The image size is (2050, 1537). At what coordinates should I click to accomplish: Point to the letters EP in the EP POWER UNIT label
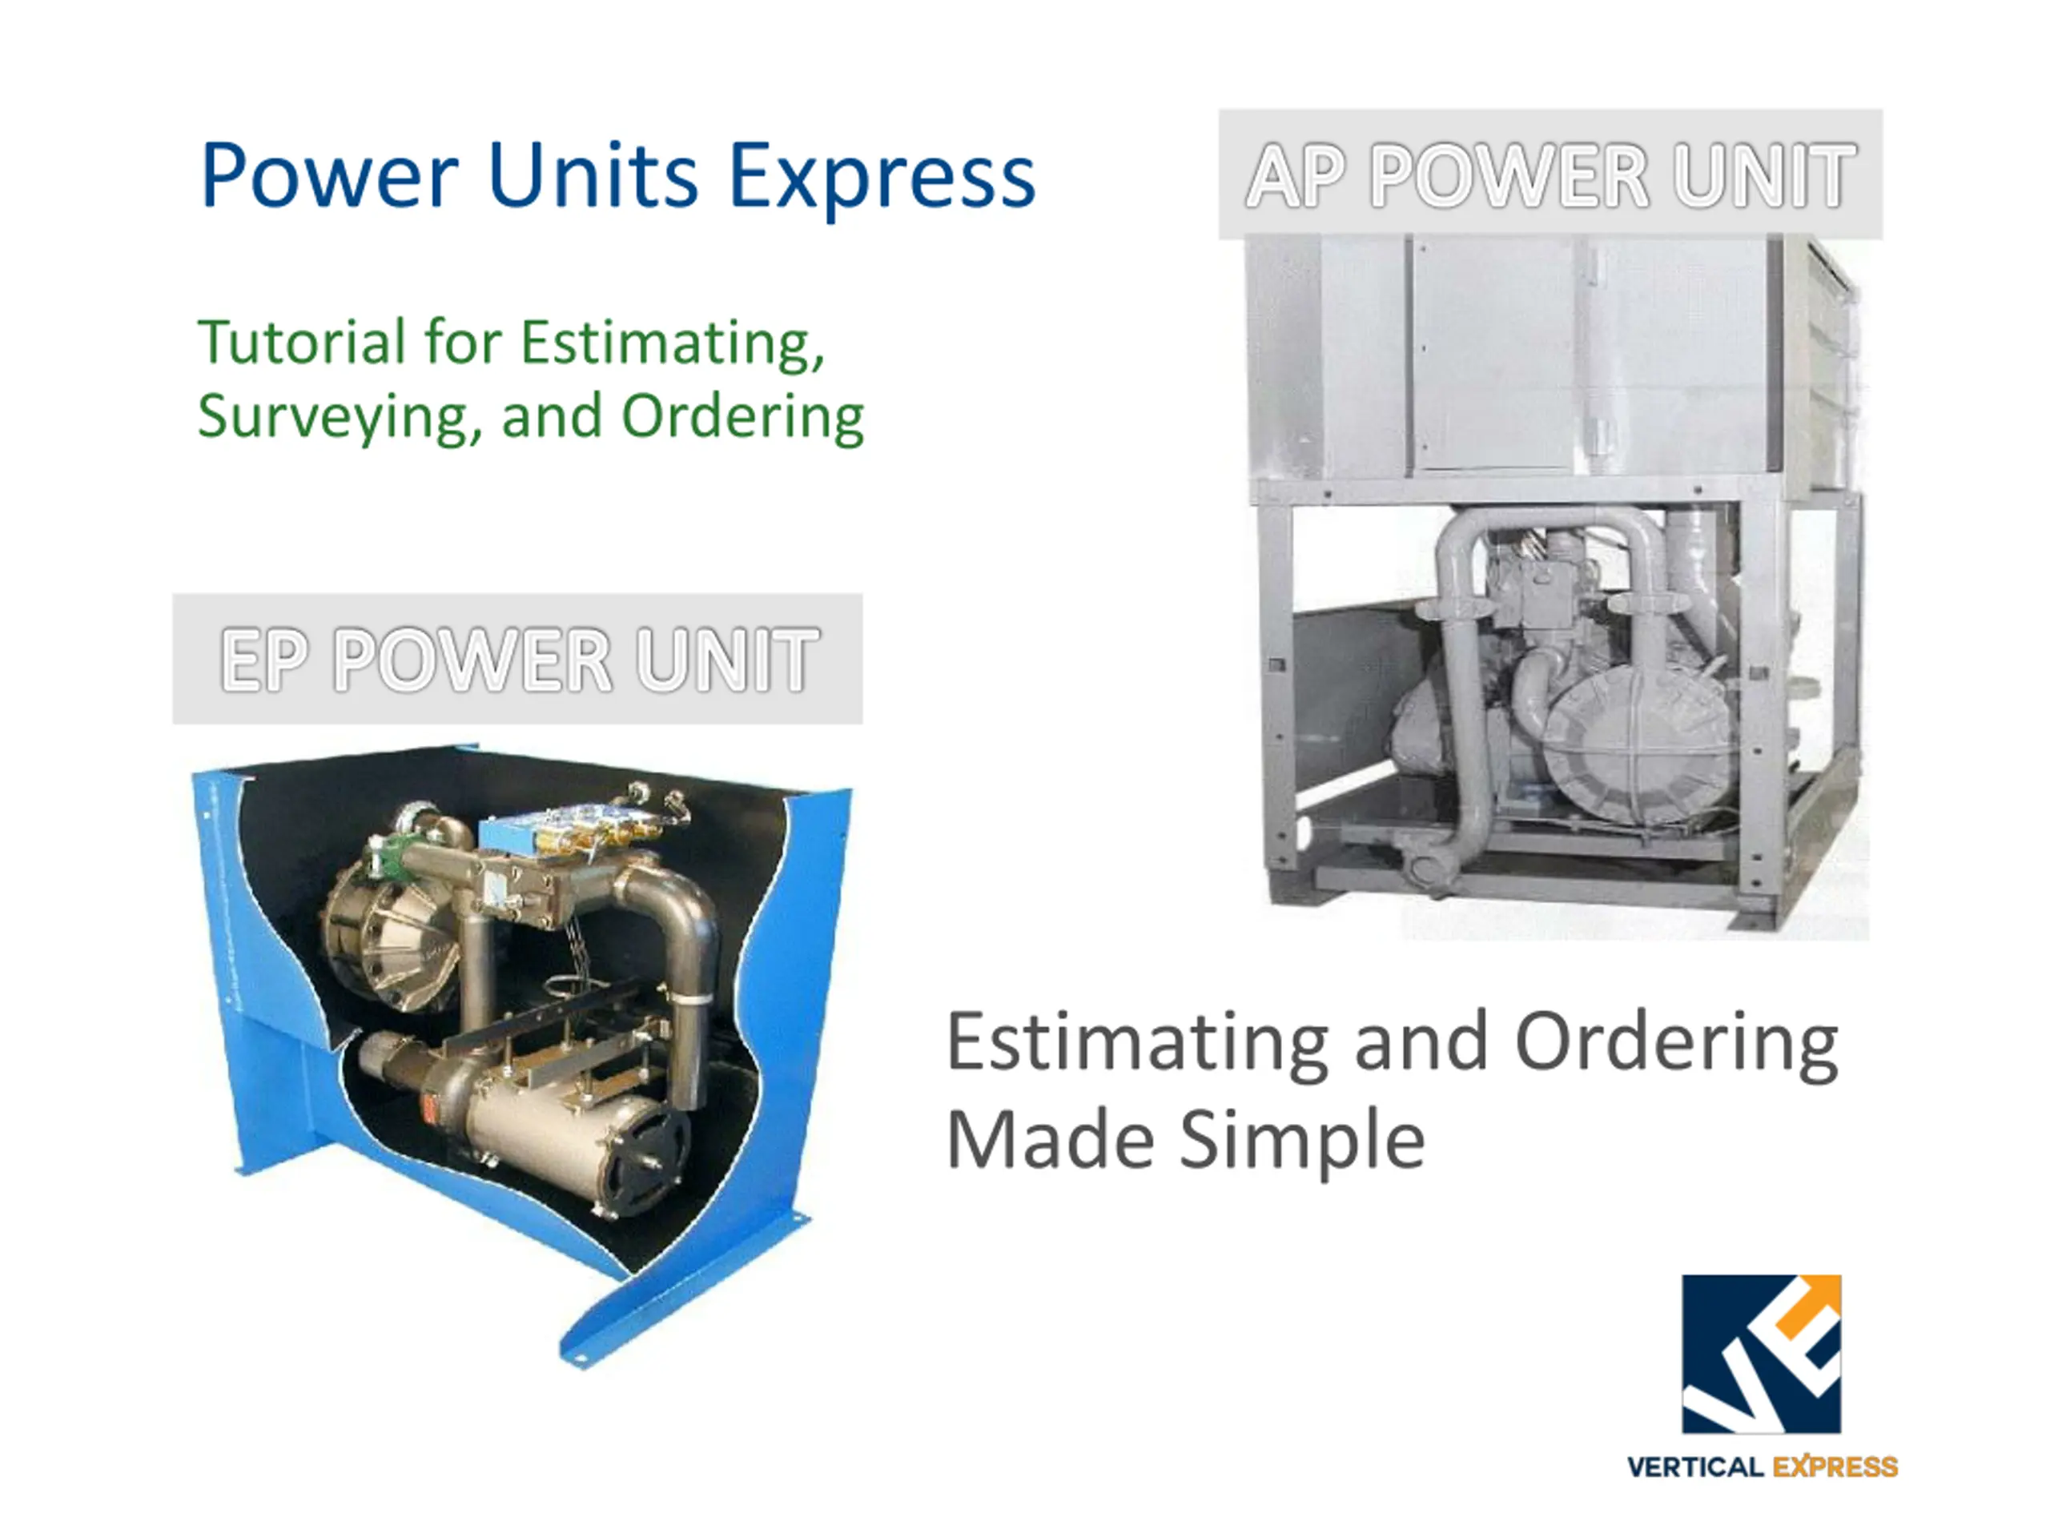(264, 660)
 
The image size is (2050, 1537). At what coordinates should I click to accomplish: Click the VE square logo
(1762, 1354)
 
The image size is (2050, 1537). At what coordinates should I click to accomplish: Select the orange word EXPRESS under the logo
(1835, 1467)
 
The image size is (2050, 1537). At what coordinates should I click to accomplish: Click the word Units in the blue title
(593, 176)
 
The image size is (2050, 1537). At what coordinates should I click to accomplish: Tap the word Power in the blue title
(329, 176)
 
